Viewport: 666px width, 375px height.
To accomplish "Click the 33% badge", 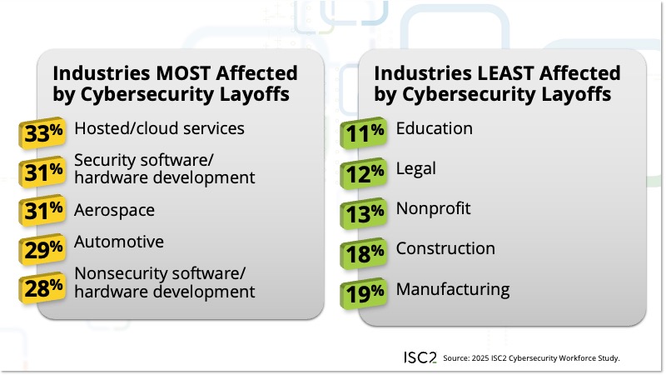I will click(42, 131).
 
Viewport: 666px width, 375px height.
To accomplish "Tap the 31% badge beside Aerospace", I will click(42, 211).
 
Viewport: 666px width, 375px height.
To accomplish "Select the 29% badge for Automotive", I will click(42, 247).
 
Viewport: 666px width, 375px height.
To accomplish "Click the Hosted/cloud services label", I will click(159, 128).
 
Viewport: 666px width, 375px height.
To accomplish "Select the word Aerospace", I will click(115, 208).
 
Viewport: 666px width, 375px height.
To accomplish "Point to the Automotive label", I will click(119, 242).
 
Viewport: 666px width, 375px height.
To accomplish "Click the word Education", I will click(434, 128).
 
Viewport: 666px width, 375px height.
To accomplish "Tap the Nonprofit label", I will click(433, 208).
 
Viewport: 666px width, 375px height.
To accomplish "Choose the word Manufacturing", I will click(452, 289).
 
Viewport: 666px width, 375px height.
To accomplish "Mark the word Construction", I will click(445, 248).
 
